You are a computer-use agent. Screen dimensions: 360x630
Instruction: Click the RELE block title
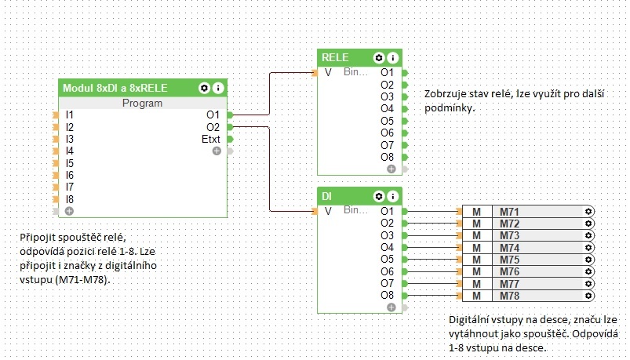click(335, 57)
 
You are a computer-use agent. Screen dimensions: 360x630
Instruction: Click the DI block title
click(327, 195)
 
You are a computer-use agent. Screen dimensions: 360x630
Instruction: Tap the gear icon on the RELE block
click(379, 57)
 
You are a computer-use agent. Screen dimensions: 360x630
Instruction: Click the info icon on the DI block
click(392, 195)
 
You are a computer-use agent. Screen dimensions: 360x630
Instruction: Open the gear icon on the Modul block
click(205, 88)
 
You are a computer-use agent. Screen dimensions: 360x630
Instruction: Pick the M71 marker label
click(510, 212)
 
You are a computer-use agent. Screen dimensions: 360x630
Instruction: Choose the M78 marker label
click(510, 295)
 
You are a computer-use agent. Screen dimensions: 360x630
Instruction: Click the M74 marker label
click(510, 247)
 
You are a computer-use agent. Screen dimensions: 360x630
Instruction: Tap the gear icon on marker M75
click(588, 260)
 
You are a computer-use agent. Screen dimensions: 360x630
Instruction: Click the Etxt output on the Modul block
click(211, 139)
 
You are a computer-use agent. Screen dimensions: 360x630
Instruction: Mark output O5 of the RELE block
click(387, 121)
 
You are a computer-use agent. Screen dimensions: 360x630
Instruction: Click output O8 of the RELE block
click(387, 157)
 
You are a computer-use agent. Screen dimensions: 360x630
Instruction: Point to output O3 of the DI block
click(387, 235)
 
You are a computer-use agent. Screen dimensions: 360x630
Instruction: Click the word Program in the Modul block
click(143, 103)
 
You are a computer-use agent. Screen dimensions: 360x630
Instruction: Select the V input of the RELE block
click(328, 72)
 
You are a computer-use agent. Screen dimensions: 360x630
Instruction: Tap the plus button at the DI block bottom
click(391, 308)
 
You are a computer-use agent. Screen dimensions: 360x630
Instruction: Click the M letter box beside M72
click(476, 224)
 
